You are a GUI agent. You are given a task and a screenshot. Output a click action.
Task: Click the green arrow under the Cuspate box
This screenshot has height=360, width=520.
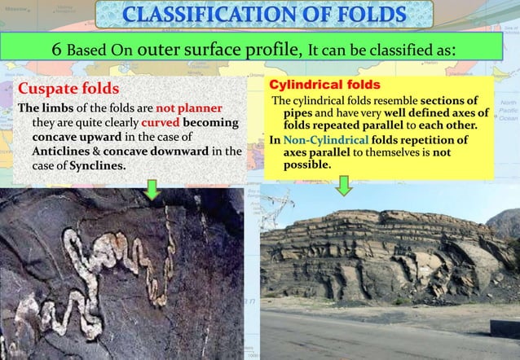152,191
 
